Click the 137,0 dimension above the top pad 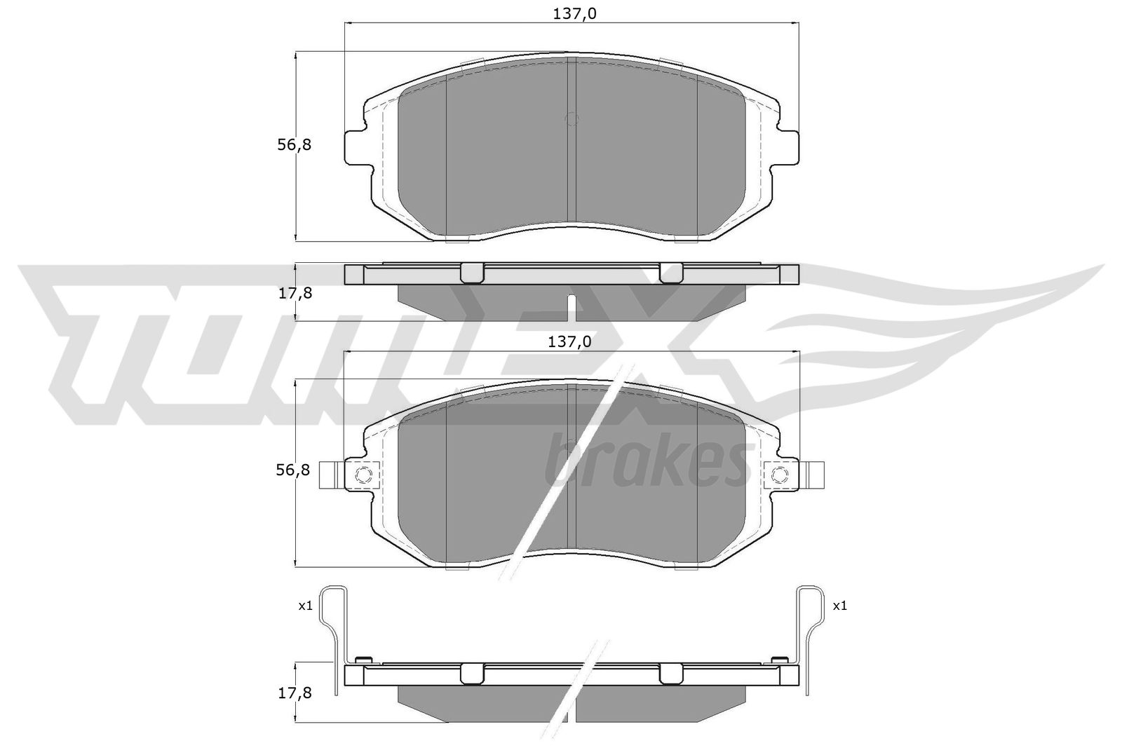pos(574,14)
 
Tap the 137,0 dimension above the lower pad pos(569,342)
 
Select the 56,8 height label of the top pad pos(295,145)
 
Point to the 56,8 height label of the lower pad pos(293,470)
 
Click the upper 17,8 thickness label pos(295,294)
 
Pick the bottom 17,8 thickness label pos(295,693)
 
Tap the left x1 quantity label pos(306,606)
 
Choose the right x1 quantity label pos(840,606)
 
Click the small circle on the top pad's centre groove pos(572,119)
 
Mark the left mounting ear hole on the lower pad pos(364,474)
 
